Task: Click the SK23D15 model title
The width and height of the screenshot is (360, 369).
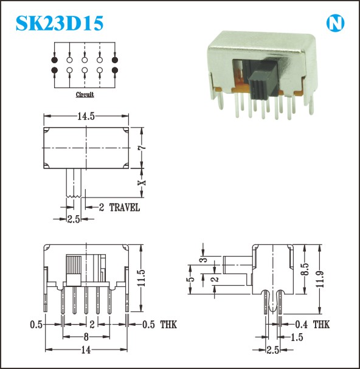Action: click(60, 23)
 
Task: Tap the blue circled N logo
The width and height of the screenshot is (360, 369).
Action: click(335, 23)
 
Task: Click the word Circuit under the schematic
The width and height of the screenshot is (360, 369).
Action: click(85, 94)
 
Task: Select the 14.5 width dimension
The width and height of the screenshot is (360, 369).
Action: click(86, 116)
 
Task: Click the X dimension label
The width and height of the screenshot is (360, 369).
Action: click(142, 182)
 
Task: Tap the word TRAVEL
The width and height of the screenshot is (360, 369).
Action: click(125, 207)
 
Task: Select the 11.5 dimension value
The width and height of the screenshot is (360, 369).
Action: click(142, 278)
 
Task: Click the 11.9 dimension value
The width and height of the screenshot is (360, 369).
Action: click(320, 279)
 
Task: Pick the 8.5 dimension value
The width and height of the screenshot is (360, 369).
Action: click(305, 269)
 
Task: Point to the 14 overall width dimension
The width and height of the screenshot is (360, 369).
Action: click(86, 350)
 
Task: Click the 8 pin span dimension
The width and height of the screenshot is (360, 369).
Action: click(86, 337)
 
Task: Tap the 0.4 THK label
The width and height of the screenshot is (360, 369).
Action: click(313, 325)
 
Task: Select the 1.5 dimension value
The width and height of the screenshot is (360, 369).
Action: click(297, 337)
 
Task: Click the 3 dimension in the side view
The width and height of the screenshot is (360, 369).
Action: click(204, 259)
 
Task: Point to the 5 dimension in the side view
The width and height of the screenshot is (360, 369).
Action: click(192, 279)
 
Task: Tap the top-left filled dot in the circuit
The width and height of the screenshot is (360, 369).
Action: click(54, 60)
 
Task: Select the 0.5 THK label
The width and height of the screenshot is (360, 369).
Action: click(159, 325)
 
